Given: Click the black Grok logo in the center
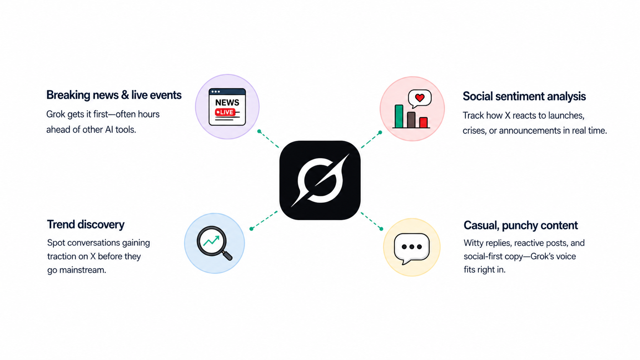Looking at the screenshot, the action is pos(320,180).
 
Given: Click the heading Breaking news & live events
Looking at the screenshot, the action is pos(114,95).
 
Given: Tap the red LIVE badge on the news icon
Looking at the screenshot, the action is pos(225,112).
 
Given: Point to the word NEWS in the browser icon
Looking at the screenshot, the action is pos(227,102).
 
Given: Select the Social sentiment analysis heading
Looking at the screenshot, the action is pos(524,96).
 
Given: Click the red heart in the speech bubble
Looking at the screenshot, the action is pos(420,98).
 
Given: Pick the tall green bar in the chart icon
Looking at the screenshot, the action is pos(399,116).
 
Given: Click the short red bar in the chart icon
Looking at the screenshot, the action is pos(423,122).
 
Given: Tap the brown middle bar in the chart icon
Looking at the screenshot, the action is pos(411,120).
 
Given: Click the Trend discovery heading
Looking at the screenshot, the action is pos(86,225).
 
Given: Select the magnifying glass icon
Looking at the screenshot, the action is pos(214,243).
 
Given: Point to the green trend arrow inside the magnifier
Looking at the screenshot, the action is pos(211,241).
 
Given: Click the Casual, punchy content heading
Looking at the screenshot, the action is pos(521,225).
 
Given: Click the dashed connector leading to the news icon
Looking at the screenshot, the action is pos(269,139).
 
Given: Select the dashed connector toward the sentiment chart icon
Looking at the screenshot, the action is pos(371,140).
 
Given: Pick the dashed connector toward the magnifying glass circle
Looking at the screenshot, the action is pos(264,220).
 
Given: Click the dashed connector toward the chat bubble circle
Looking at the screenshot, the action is pos(372,221).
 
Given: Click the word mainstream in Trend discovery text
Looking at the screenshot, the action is pos(83,270).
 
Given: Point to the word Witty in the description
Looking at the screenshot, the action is pos(473,243).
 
